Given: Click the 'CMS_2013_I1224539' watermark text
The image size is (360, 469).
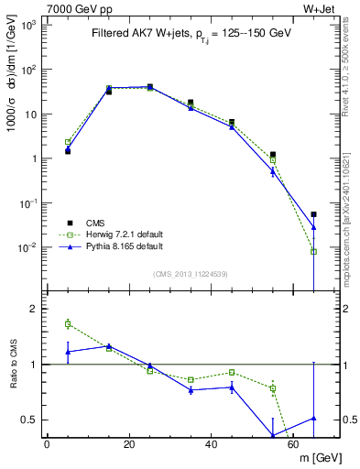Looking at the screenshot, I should click(x=190, y=274).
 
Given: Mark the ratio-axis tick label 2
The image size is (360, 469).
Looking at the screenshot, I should click(x=32, y=309).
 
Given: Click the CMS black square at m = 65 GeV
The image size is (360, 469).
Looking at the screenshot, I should click(x=314, y=214).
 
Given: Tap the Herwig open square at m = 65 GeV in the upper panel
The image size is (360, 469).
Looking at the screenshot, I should click(x=314, y=251).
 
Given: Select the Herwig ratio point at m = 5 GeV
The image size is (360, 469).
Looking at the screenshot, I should click(x=68, y=323).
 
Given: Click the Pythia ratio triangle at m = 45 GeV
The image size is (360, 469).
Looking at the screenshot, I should click(x=232, y=387).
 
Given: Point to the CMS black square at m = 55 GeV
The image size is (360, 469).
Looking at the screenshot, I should click(x=273, y=155).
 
